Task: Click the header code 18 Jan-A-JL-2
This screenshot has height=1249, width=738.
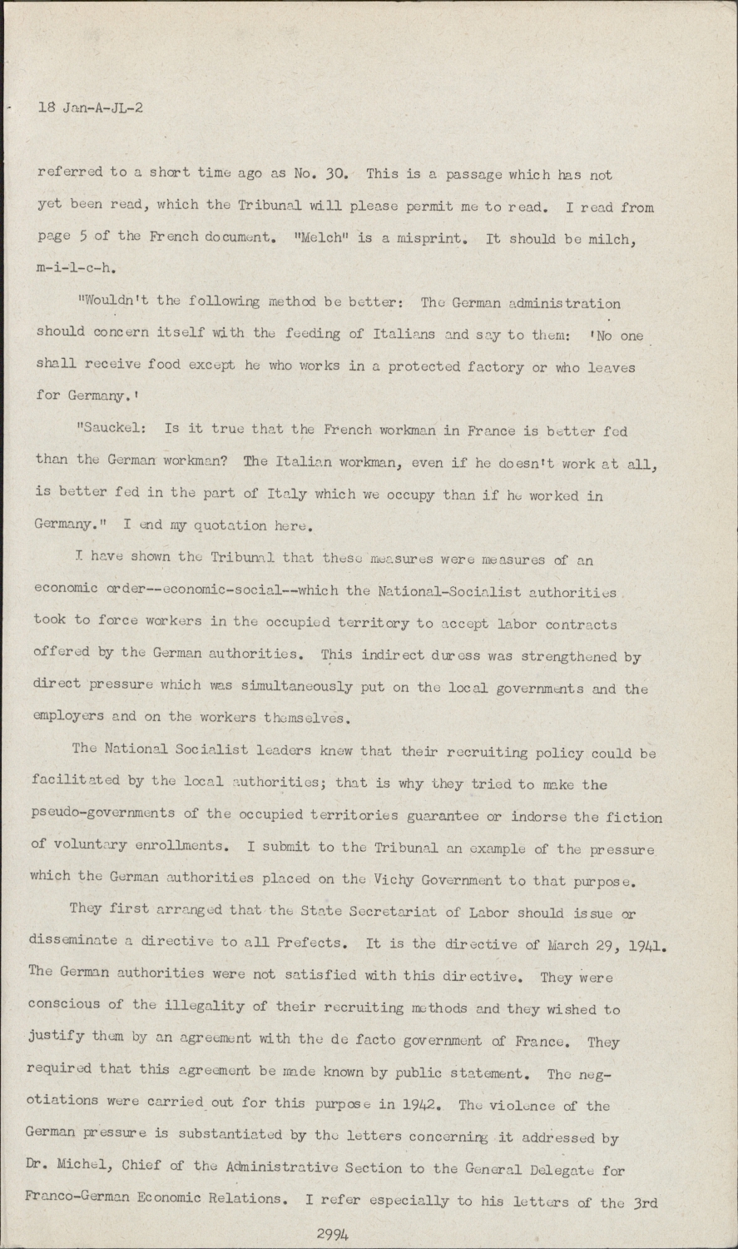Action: [x=90, y=107]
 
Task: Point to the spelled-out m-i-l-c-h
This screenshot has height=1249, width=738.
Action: [x=76, y=269]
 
